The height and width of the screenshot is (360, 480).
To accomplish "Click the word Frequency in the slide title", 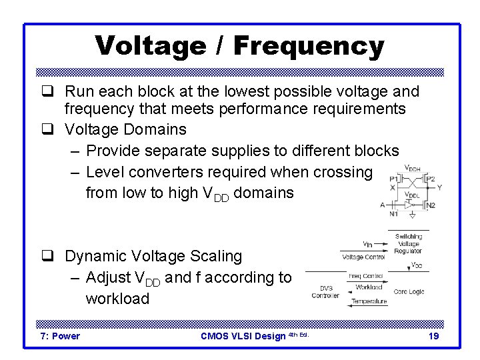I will pyautogui.click(x=309, y=46).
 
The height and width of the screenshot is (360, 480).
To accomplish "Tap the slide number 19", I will pyautogui.click(x=433, y=336).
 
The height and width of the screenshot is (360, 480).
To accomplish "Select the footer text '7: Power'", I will pyautogui.click(x=60, y=336).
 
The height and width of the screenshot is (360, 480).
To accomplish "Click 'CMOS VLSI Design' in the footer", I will pyautogui.click(x=243, y=336).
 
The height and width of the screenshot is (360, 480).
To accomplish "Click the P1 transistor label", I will pyautogui.click(x=395, y=179).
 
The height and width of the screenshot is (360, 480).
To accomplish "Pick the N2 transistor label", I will pyautogui.click(x=430, y=205).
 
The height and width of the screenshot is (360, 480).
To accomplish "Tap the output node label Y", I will pyautogui.click(x=439, y=188).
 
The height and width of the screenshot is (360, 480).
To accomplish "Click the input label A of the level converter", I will pyautogui.click(x=383, y=205).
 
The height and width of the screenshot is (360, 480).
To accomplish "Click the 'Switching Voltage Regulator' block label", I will pyautogui.click(x=408, y=244).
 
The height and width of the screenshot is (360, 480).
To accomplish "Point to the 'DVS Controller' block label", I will pyautogui.click(x=325, y=292).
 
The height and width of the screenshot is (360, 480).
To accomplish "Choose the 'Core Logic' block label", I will pyautogui.click(x=409, y=292).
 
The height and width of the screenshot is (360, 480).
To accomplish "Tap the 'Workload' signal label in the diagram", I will pyautogui.click(x=369, y=287).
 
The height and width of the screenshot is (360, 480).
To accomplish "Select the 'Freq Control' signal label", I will pyautogui.click(x=365, y=275).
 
